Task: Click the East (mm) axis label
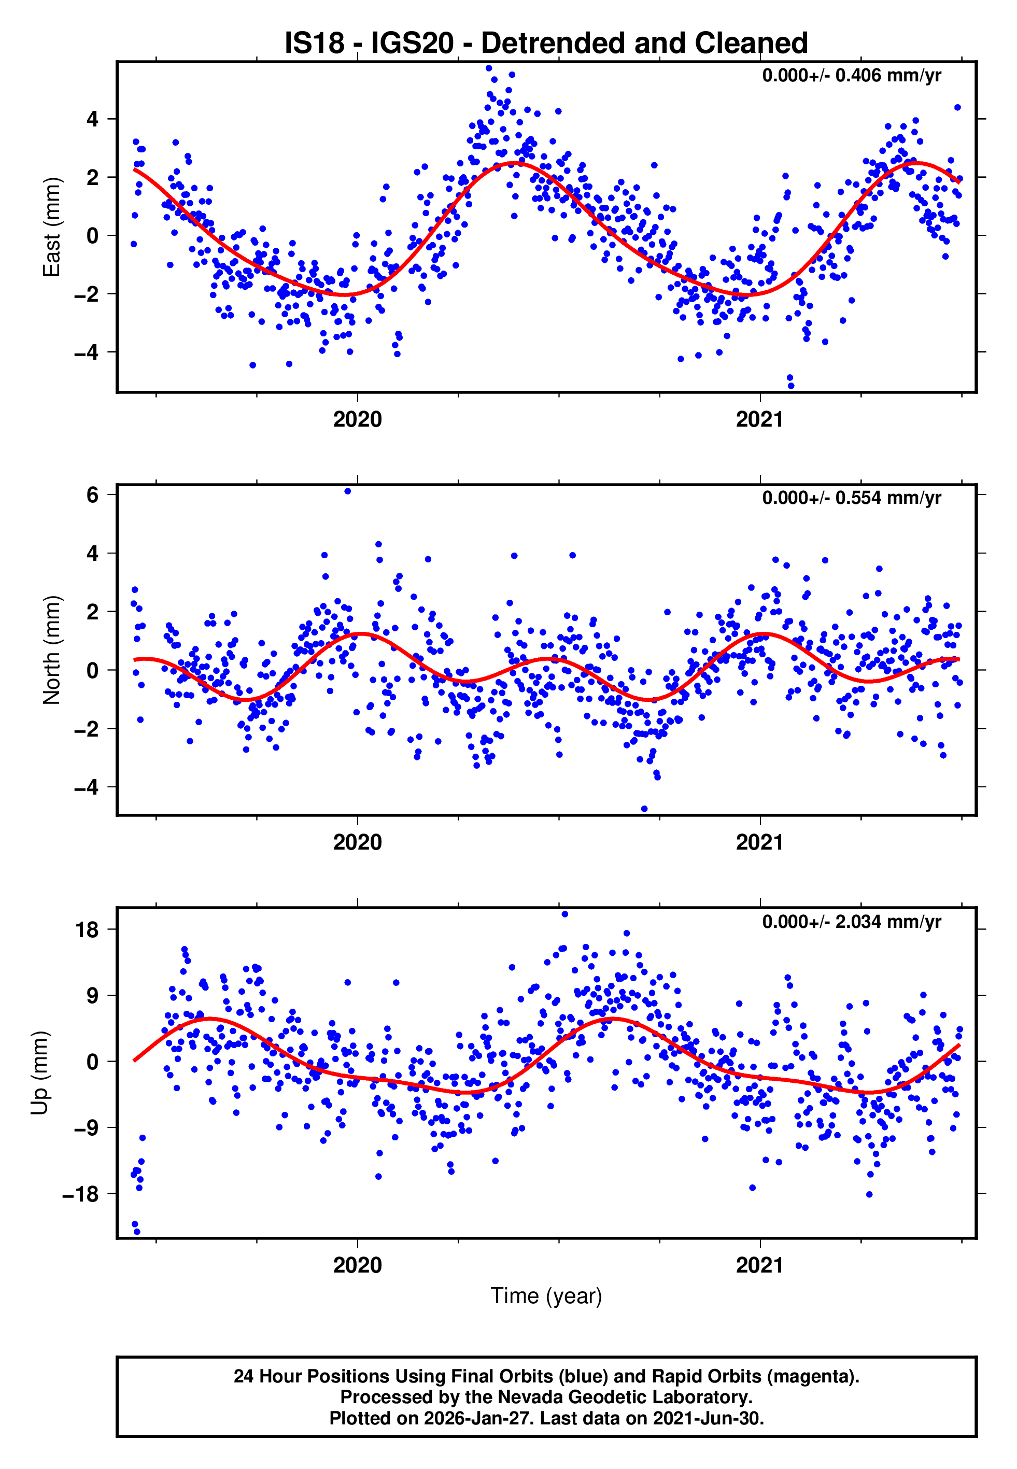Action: click(52, 228)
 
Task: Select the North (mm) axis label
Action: click(52, 650)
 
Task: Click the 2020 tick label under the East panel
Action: click(358, 420)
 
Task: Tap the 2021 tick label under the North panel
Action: click(759, 842)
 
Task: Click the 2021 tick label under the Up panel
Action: click(759, 1265)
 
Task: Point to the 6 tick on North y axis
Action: click(93, 495)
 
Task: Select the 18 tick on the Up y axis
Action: click(87, 930)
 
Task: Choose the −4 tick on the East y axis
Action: click(87, 352)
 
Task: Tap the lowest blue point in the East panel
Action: click(791, 386)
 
